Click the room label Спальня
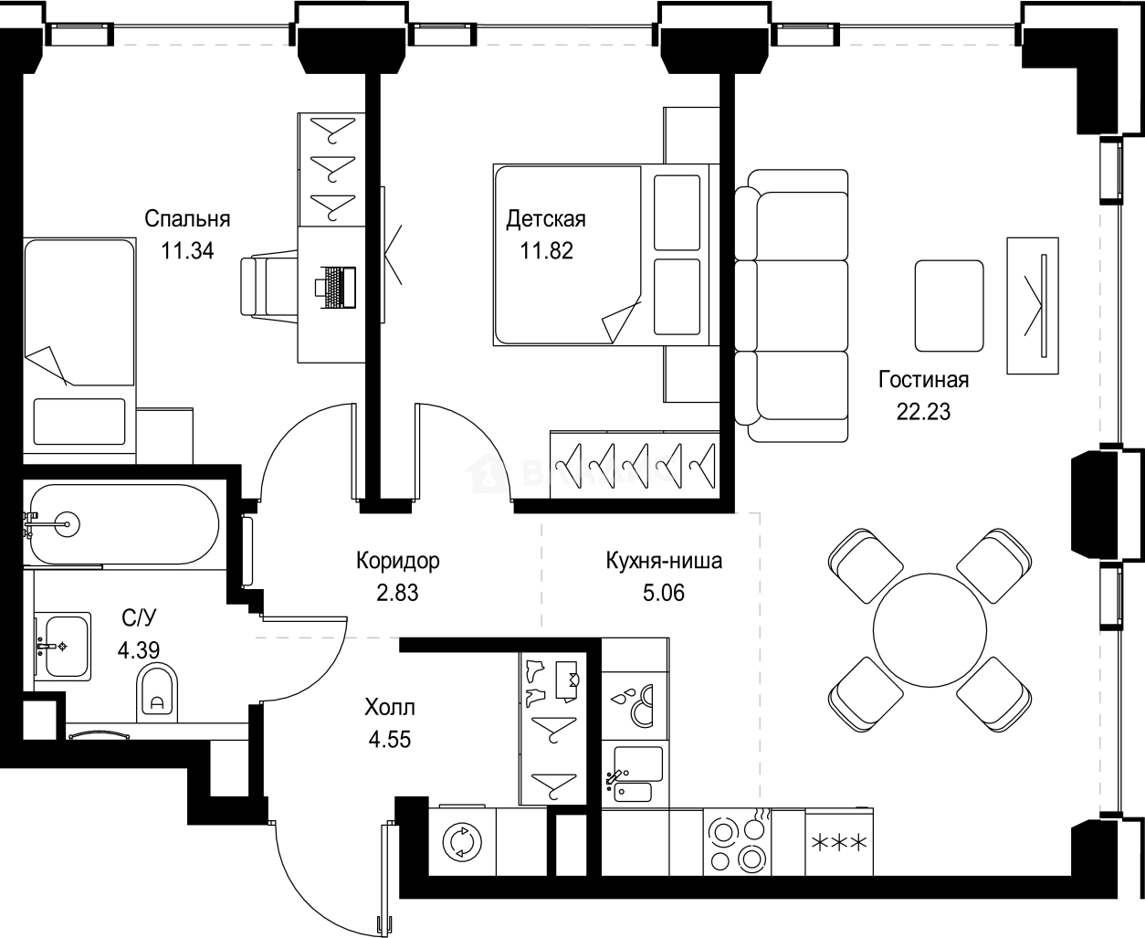point(187,219)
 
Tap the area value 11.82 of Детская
point(547,251)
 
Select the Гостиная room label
point(923,380)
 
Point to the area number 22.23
point(923,412)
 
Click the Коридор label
point(398,561)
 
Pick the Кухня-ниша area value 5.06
point(664,593)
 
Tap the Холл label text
point(390,708)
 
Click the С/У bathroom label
point(139,617)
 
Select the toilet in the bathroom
point(157,692)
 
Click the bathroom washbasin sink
point(63,647)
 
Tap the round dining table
point(930,630)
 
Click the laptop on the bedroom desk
point(335,288)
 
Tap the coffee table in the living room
point(949,306)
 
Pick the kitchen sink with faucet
point(636,774)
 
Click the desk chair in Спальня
point(269,285)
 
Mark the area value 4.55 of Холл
point(390,740)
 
